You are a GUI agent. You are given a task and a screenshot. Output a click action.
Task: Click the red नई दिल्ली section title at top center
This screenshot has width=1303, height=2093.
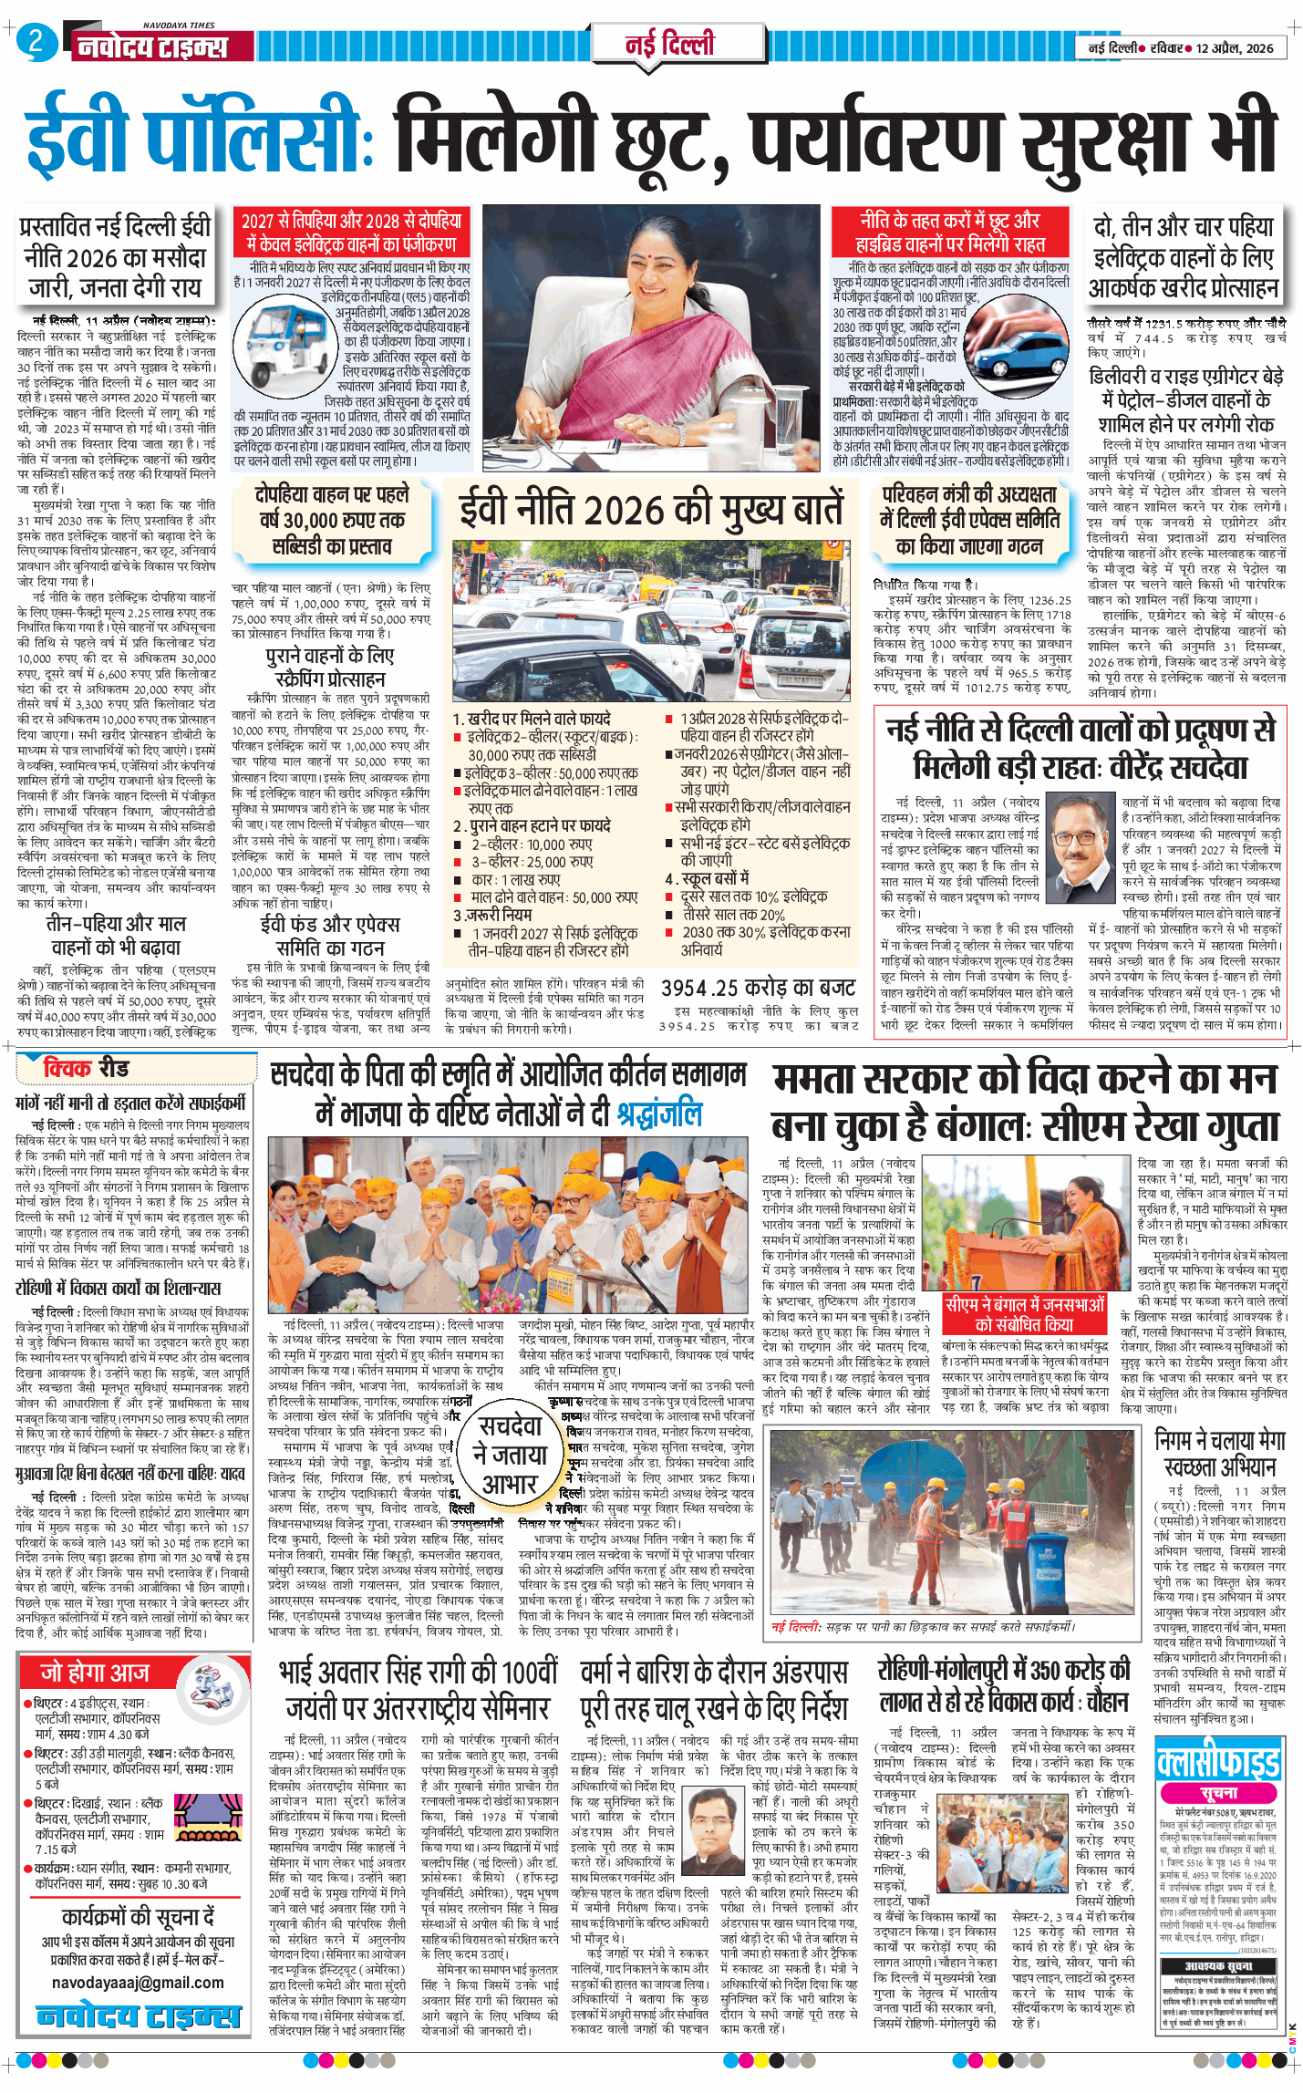(x=669, y=44)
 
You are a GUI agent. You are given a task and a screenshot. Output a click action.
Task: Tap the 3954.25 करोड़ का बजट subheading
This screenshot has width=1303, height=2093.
(x=758, y=988)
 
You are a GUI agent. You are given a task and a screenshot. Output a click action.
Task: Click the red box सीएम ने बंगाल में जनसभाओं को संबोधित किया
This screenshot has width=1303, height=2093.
(x=1025, y=1314)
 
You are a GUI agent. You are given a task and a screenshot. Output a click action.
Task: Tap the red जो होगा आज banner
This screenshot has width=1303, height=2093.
(x=95, y=1673)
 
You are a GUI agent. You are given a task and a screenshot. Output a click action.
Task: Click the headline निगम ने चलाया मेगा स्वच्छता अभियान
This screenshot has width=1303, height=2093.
(x=1219, y=1454)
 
